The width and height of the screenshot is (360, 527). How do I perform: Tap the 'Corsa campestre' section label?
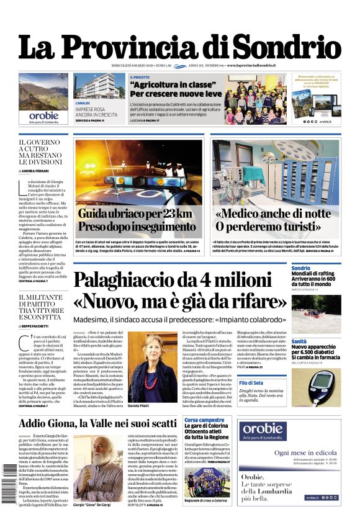click(x=205, y=420)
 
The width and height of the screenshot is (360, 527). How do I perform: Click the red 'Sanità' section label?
click(x=299, y=341)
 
